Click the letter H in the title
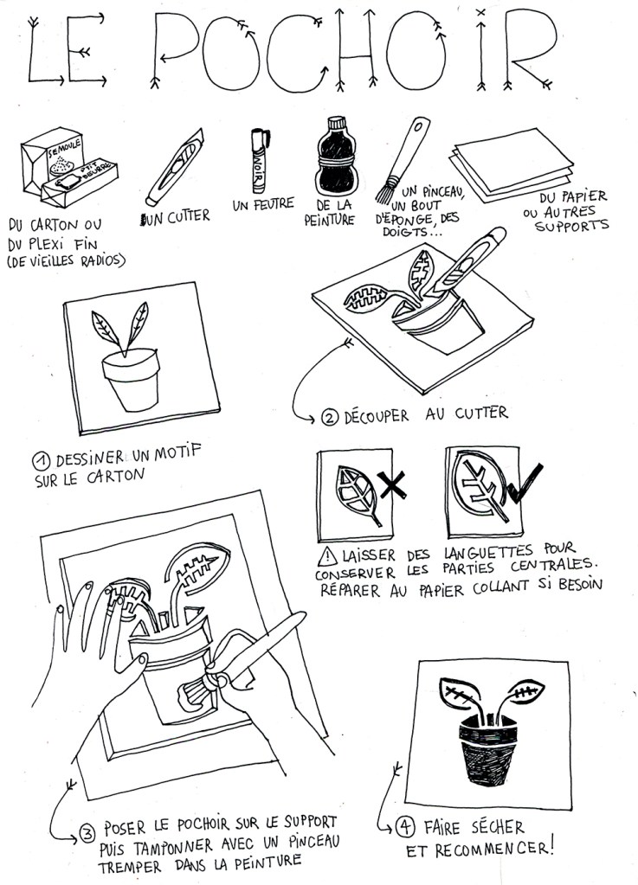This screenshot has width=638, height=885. (357, 54)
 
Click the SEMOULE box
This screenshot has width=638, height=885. (51, 164)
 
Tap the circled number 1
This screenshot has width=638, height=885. (42, 462)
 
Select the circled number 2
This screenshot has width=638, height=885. (329, 417)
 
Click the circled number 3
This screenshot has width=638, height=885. (87, 834)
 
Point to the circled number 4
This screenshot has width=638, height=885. (404, 827)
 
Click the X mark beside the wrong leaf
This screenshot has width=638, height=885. (392, 485)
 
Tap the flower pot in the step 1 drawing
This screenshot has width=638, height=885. (132, 378)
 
